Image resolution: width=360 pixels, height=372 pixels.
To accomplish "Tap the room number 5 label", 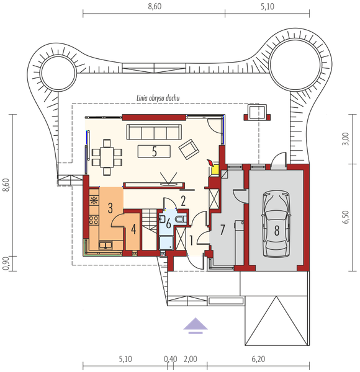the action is tap(155, 152).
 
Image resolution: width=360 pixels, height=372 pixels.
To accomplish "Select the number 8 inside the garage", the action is tap(277, 230).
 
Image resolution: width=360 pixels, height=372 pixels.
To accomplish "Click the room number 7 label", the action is tap(222, 229).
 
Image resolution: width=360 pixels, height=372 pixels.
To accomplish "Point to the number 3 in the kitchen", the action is tap(110, 208).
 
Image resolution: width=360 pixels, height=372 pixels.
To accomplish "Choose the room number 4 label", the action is tap(133, 229).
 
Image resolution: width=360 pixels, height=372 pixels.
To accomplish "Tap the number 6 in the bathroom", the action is tap(168, 223).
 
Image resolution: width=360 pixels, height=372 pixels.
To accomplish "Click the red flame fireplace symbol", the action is tap(210, 163).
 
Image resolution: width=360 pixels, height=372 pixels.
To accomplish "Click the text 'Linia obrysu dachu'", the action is tap(158, 98).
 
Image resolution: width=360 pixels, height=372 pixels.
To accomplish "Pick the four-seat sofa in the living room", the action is tap(154, 132).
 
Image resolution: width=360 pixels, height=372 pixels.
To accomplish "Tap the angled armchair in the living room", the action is tap(189, 149).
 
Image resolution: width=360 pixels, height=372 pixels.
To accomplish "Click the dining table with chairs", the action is tap(107, 157).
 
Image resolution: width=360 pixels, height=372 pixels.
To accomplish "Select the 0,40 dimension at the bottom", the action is tap(171, 359).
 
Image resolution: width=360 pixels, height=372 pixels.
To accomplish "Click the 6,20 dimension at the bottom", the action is tap(258, 359).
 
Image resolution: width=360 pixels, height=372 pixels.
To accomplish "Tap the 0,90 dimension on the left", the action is tap(6, 263).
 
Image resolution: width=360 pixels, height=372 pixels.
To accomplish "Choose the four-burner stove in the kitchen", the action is tap(94, 220).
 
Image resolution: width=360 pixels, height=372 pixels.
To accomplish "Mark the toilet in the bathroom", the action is tap(181, 218).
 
